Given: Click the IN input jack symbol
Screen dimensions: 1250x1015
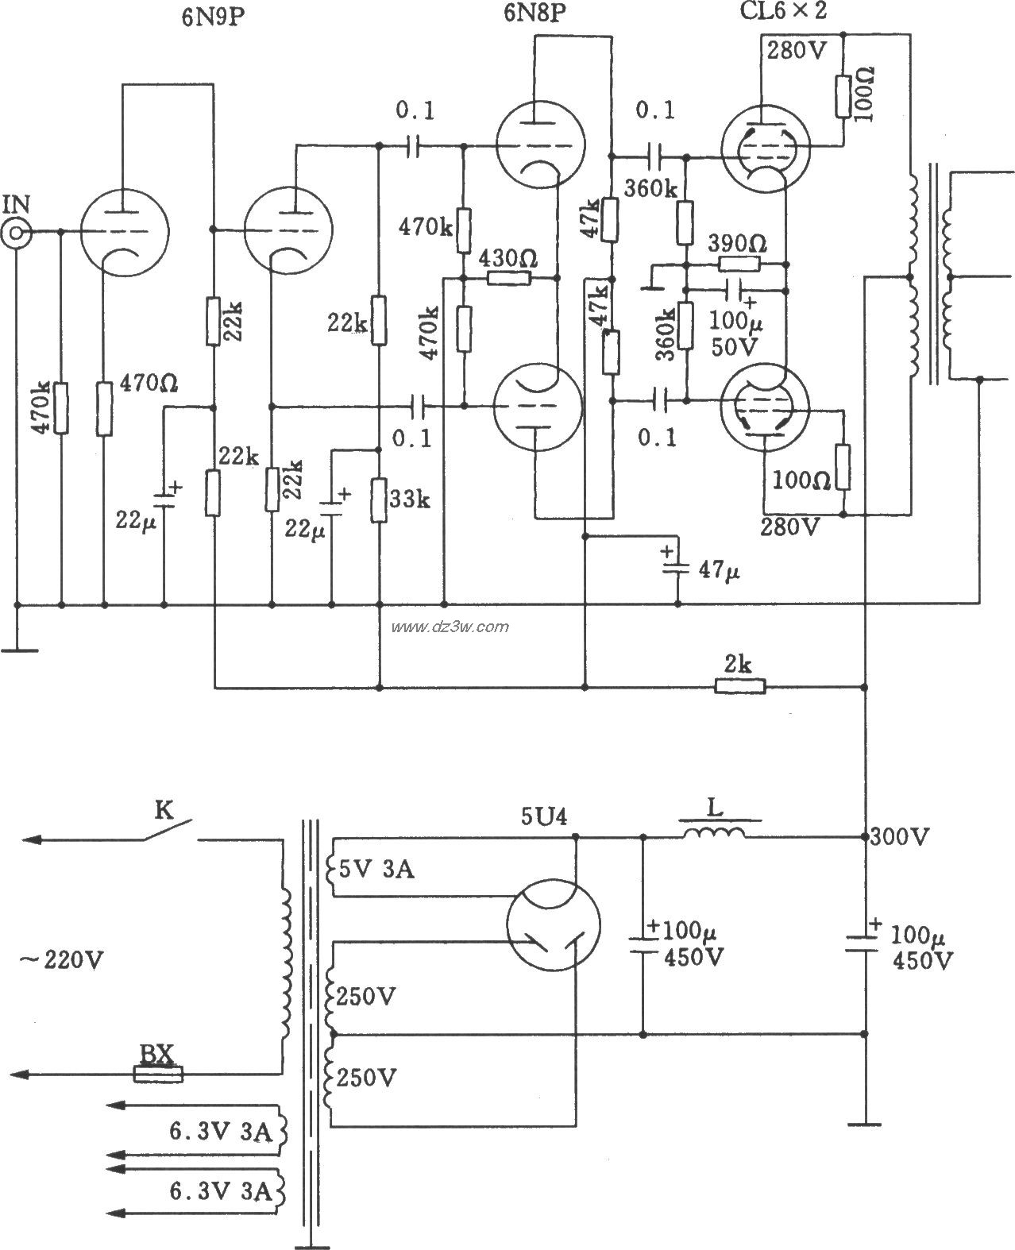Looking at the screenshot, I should [x=16, y=232].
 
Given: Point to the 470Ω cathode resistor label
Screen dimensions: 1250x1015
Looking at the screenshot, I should [x=148, y=384].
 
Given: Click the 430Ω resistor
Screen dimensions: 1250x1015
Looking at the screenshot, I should [x=508, y=278].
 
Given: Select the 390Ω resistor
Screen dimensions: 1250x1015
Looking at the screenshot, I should [x=739, y=265].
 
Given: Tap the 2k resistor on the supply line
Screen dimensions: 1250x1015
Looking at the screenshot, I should [x=740, y=685].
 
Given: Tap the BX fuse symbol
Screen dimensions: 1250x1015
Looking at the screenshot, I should [x=158, y=1074].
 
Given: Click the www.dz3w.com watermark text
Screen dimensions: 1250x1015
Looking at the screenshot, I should [x=450, y=627].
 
